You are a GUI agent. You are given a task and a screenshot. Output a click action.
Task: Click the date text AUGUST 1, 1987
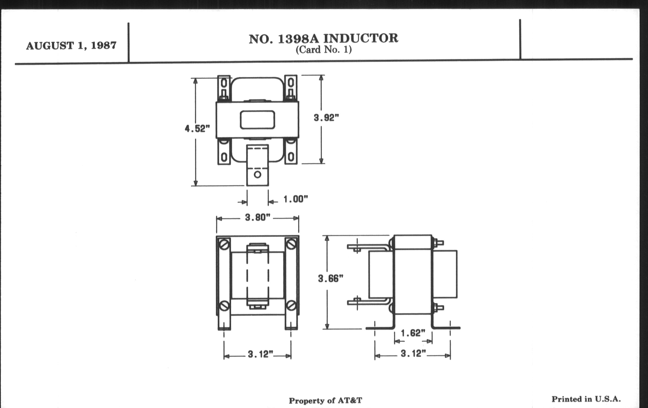71,46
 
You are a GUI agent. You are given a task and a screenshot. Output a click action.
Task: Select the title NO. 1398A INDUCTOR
323,39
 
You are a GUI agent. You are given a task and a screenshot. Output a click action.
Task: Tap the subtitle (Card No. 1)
323,50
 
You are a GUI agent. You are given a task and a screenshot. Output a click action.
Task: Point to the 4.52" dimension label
197,129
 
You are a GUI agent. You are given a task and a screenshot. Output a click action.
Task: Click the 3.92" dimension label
326,118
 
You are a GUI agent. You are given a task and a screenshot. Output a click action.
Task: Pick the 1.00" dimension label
295,199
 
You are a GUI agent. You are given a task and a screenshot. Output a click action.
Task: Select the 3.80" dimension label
258,217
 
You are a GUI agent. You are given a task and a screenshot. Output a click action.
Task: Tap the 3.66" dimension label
331,278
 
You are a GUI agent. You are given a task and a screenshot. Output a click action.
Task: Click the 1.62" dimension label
413,333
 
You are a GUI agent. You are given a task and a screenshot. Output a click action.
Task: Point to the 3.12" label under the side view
414,353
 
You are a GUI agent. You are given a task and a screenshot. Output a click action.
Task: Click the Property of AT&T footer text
325,401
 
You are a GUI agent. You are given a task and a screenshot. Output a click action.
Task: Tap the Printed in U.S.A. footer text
586,399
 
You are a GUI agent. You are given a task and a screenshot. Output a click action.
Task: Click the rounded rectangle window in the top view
258,120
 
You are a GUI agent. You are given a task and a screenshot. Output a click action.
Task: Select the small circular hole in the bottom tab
258,174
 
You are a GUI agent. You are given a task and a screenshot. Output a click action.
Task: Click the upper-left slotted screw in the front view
224,245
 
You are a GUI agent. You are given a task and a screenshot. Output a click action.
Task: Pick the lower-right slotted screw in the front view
291,305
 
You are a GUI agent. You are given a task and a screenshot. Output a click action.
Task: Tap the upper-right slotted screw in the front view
291,245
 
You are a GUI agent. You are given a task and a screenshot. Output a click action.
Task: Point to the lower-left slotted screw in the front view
224,305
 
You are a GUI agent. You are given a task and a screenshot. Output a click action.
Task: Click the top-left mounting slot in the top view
224,83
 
